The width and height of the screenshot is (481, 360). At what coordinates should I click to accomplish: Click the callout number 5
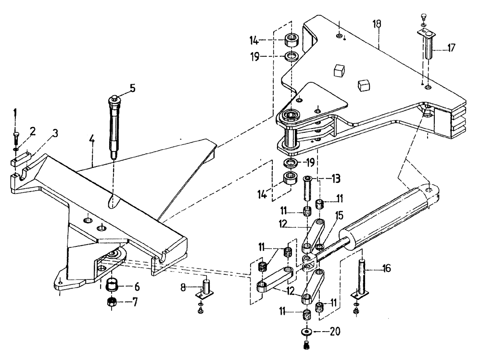tap(133, 89)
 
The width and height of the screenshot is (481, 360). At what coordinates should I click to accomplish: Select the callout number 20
tap(332, 332)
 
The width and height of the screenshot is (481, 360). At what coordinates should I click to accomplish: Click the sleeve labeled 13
tap(307, 190)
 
